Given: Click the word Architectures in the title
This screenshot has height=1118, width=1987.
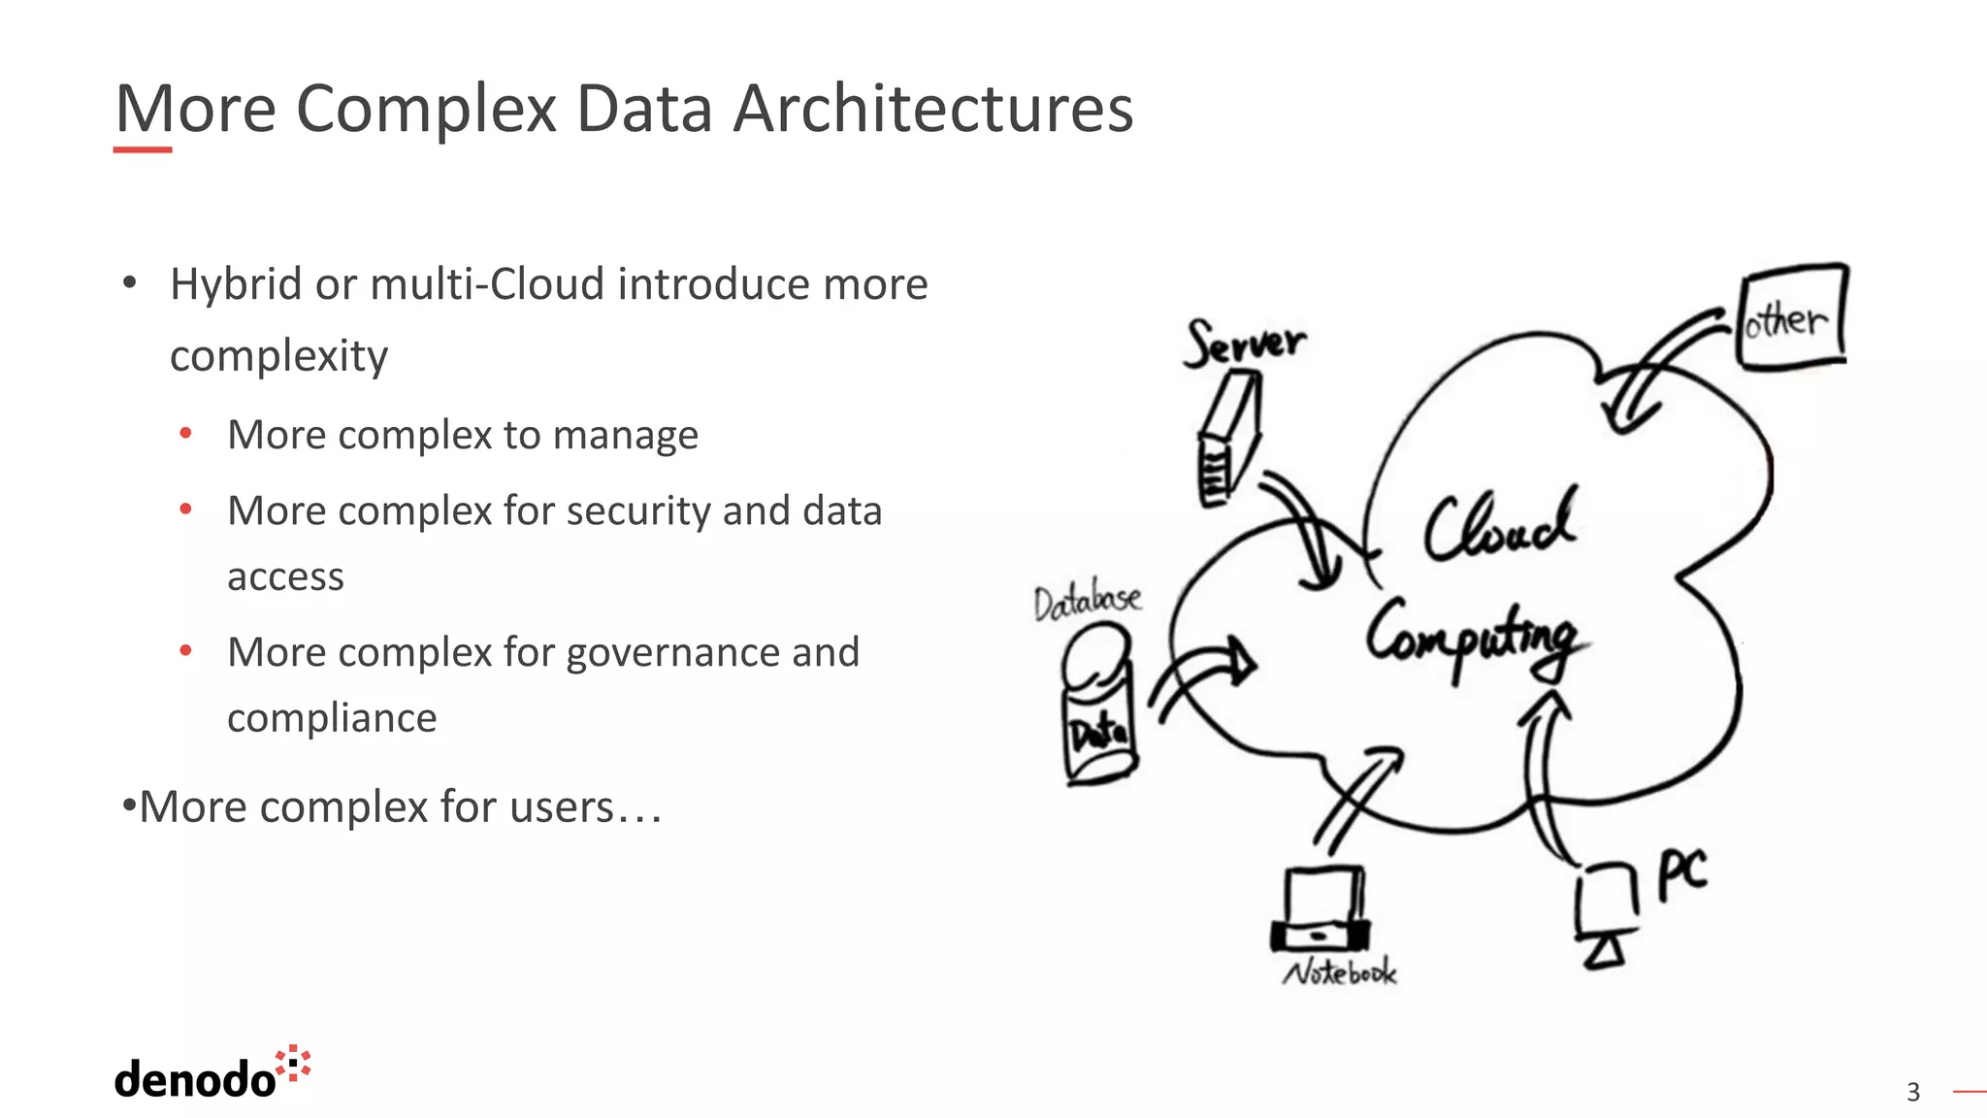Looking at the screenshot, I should [932, 109].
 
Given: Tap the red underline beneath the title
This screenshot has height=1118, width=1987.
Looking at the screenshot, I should [143, 149].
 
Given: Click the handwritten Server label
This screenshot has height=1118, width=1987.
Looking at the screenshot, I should [1245, 343].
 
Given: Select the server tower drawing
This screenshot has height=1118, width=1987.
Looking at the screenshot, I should [1227, 442].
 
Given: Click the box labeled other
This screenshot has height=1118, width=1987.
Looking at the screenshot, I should [1792, 317].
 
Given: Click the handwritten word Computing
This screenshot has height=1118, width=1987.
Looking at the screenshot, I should [1475, 636].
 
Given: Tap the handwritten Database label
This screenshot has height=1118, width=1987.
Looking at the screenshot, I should [1088, 602].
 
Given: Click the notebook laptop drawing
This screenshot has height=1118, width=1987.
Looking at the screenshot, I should [1320, 910].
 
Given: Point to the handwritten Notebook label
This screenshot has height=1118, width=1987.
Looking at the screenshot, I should [1340, 972].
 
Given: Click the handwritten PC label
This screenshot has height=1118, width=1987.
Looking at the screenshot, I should [1681, 873].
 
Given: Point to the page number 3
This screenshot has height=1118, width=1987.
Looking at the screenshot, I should [1912, 1092].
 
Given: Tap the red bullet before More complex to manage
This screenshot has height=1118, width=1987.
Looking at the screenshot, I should [186, 434].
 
